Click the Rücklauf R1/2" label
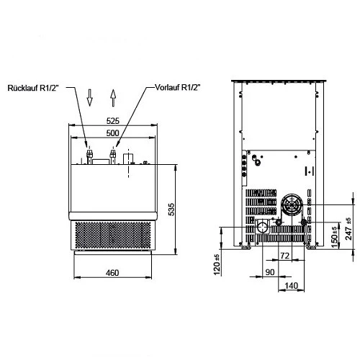[x=33, y=88]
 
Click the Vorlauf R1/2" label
[x=178, y=87]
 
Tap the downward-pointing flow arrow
[x=89, y=98]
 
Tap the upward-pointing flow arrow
[x=113, y=98]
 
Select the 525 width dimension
[x=113, y=121]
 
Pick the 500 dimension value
[x=113, y=133]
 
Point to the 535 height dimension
[x=171, y=210]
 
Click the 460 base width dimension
[x=112, y=273]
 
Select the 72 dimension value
[x=285, y=256]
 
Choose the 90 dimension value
[x=270, y=272]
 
